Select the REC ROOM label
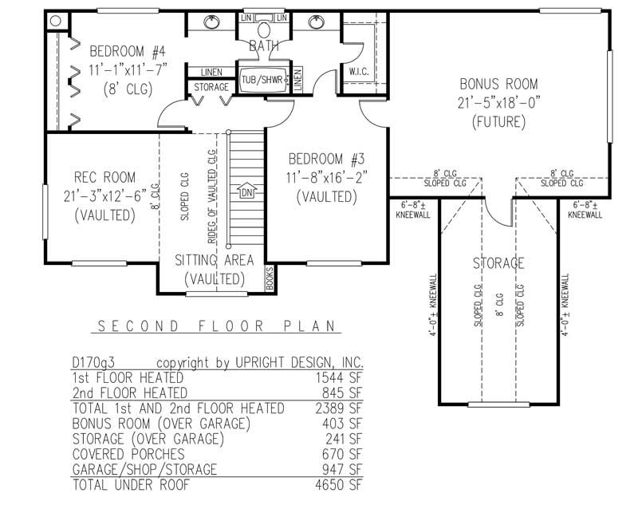click(x=104, y=177)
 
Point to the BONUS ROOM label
click(x=499, y=84)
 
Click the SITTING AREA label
click(x=215, y=260)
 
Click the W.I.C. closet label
click(x=358, y=72)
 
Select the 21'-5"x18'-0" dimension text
click(x=499, y=103)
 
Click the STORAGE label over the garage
click(x=498, y=263)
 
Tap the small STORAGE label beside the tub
click(x=211, y=86)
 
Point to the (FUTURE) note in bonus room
click(x=499, y=122)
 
